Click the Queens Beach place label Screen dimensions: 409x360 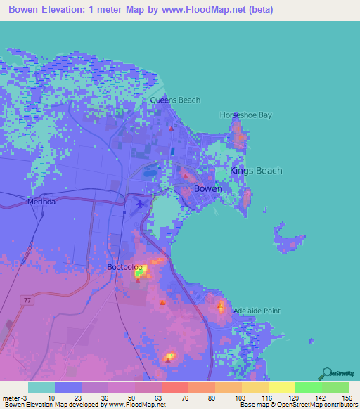[x=175, y=100]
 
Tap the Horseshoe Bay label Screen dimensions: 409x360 [x=245, y=115]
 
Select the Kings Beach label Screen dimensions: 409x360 [x=256, y=171]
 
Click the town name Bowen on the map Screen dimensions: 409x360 [x=207, y=189]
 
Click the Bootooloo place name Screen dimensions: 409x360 [x=126, y=268]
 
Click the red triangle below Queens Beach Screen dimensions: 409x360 [x=171, y=129]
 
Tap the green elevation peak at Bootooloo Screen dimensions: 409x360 [x=139, y=274]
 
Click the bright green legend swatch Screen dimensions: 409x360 [x=309, y=387]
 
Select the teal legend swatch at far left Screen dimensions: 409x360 [x=41, y=387]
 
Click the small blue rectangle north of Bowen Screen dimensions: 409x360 [x=173, y=150]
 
